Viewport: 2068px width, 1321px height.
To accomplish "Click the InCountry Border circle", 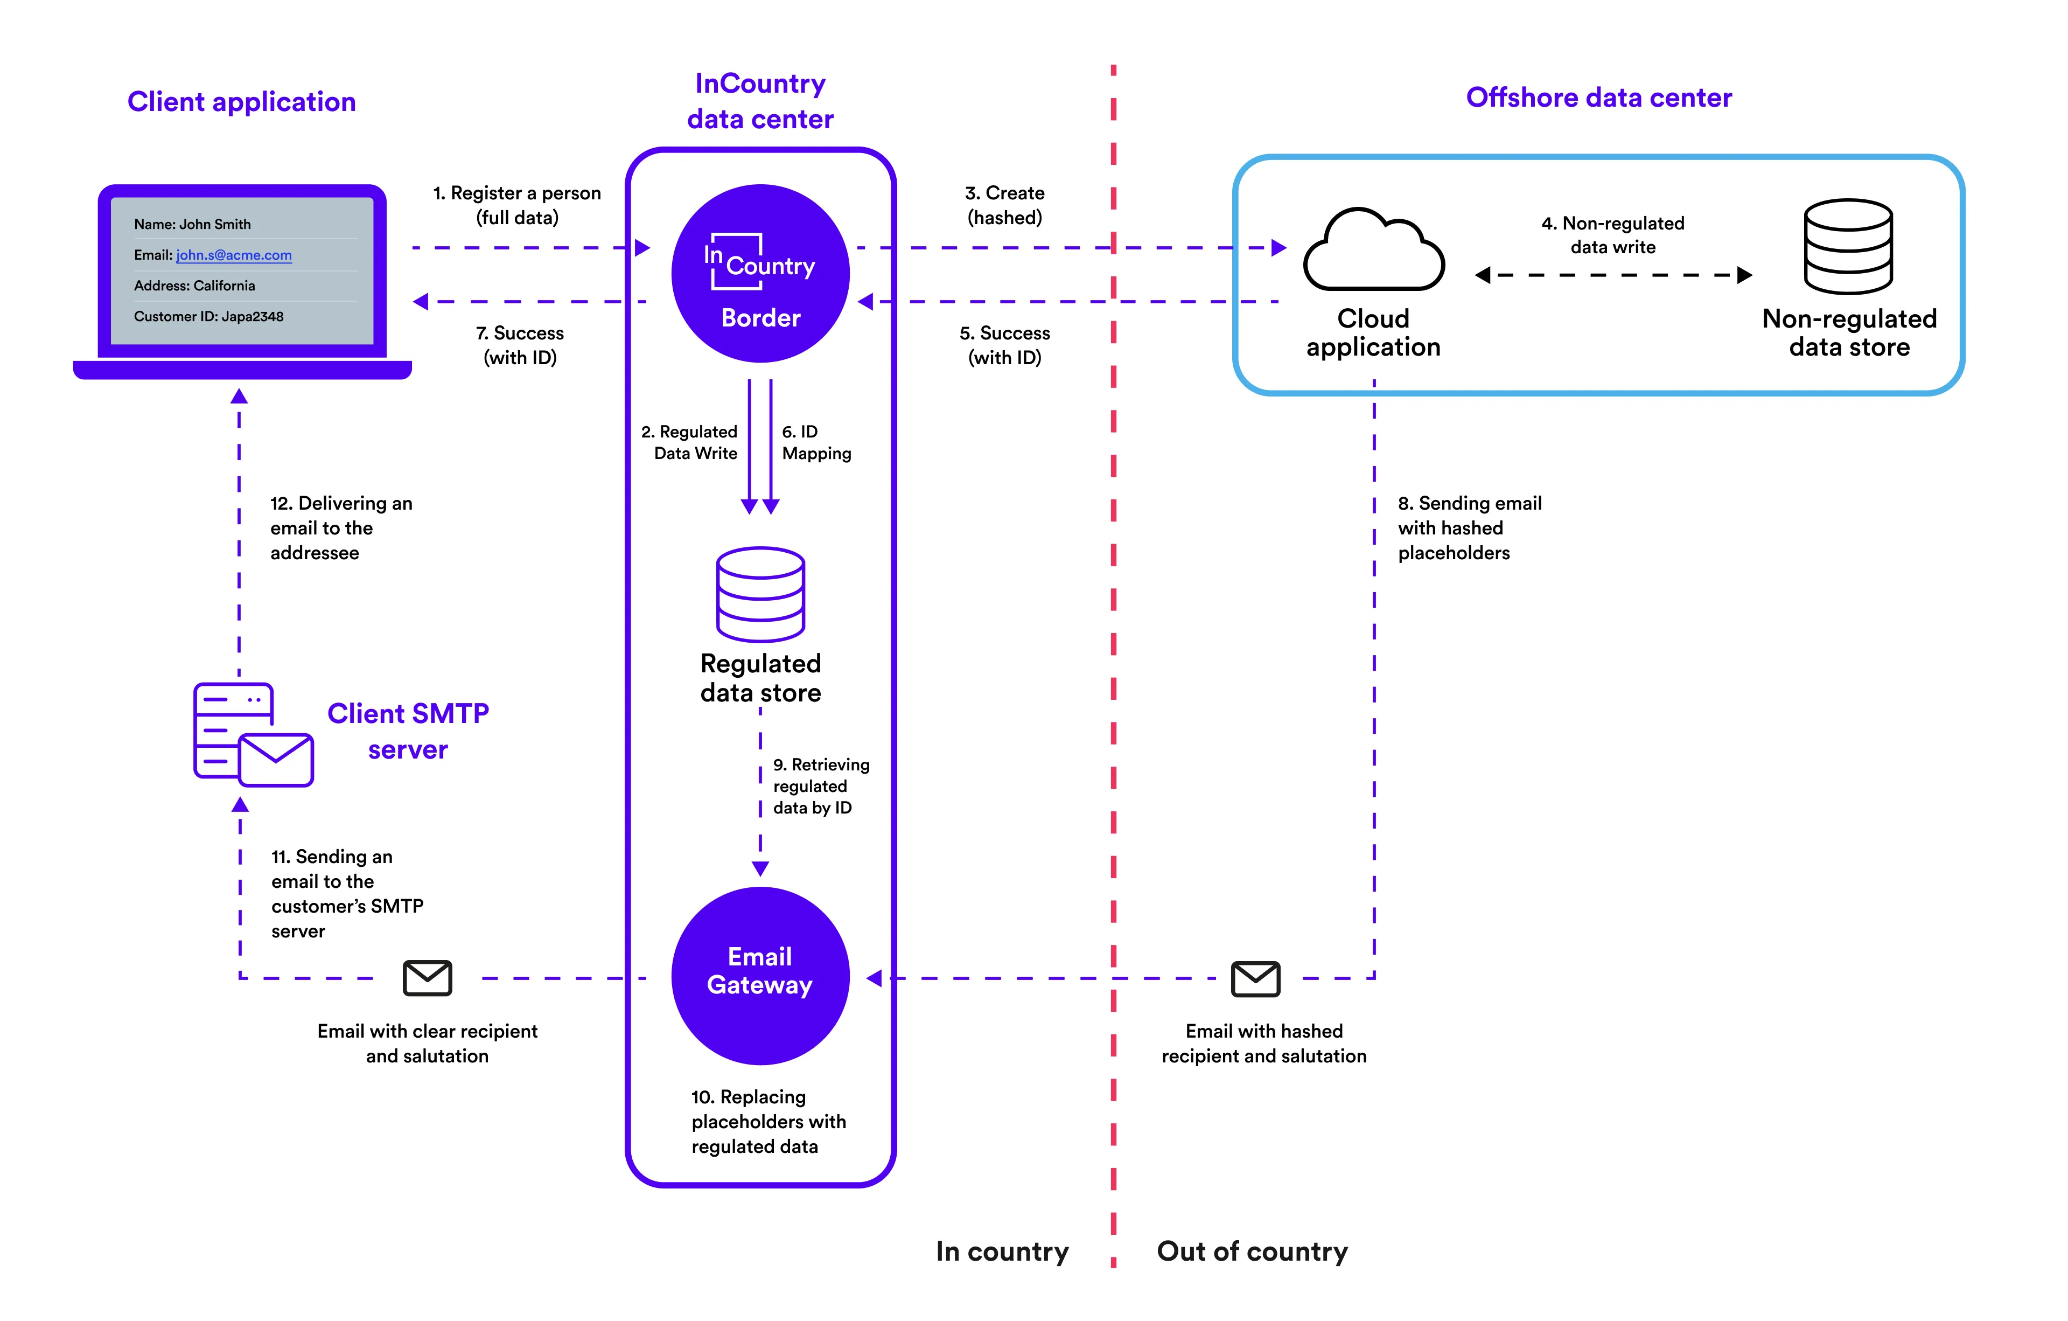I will [x=760, y=273].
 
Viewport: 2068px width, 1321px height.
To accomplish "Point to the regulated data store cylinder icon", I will [x=760, y=594].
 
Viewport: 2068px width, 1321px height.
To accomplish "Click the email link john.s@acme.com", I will [x=234, y=255].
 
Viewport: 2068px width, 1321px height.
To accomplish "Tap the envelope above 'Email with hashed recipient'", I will [x=1255, y=978].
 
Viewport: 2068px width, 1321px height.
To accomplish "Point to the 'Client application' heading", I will [x=241, y=101].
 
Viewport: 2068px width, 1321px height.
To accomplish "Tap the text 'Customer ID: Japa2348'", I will [x=209, y=316].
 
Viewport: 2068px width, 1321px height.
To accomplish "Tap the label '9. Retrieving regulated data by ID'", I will [x=820, y=786].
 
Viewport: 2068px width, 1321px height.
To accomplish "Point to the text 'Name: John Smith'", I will [x=192, y=224].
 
